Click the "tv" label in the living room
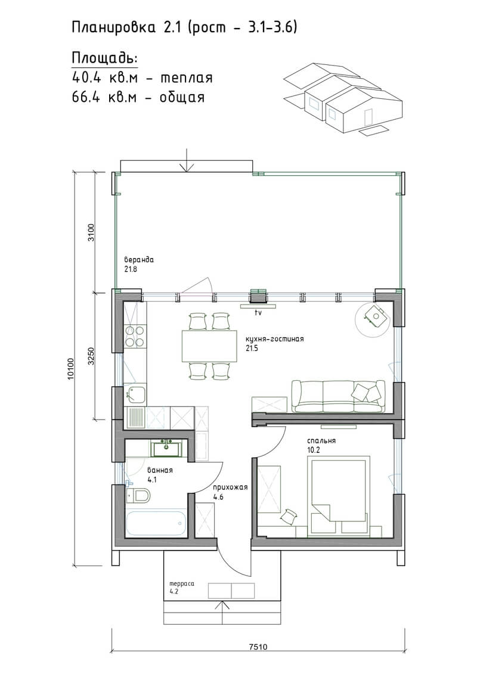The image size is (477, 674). tap(258, 313)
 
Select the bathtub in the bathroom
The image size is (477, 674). tap(156, 523)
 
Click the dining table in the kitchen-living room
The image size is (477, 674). tap(209, 346)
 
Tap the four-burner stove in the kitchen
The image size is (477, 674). tap(135, 336)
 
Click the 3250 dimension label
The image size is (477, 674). tap(91, 356)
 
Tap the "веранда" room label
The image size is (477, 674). tap(139, 260)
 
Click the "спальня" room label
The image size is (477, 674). tap(321, 441)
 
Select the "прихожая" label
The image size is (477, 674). tap(231, 487)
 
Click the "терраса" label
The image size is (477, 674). tap(182, 584)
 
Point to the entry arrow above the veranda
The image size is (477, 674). tap(187, 160)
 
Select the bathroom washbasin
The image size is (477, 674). tap(166, 448)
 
